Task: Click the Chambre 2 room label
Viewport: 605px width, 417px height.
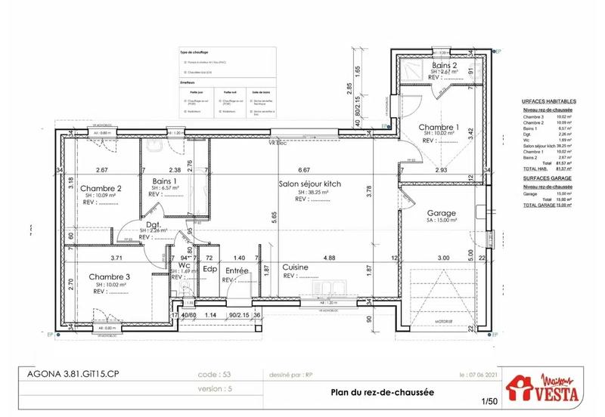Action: click(101, 189)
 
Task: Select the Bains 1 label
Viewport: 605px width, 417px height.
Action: click(164, 181)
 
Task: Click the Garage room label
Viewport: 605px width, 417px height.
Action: click(441, 213)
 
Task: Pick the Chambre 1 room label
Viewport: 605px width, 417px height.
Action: click(439, 127)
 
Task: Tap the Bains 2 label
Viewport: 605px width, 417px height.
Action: click(444, 66)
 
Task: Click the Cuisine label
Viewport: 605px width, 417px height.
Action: click(295, 267)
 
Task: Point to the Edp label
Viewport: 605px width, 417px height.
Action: click(209, 269)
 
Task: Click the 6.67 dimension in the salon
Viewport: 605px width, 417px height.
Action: click(305, 170)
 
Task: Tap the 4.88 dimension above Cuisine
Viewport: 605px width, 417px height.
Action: click(330, 258)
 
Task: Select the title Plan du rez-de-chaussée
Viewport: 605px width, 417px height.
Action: click(371, 391)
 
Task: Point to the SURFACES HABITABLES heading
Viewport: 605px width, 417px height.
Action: click(550, 100)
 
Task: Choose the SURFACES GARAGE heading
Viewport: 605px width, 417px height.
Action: click(548, 181)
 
